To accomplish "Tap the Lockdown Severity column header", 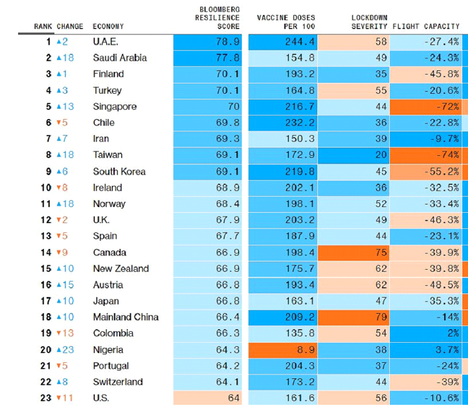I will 369,21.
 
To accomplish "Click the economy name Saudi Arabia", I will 120,58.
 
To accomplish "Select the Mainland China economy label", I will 125,317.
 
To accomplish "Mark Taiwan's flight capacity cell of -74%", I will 447,155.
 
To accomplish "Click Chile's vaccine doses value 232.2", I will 301,122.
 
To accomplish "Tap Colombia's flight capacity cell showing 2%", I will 451,333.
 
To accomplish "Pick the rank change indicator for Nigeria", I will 65,349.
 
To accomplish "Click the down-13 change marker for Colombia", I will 65,333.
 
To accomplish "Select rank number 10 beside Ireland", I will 46,188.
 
